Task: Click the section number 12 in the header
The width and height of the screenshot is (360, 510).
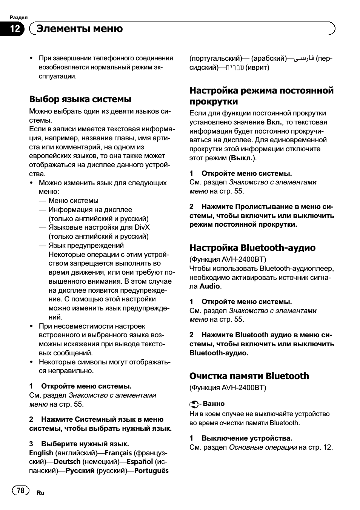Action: (x=15, y=29)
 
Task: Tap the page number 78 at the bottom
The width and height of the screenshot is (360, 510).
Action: (x=21, y=490)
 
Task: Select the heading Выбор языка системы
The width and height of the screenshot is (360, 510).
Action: (x=80, y=99)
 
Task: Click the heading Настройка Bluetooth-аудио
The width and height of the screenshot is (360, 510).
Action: (x=252, y=247)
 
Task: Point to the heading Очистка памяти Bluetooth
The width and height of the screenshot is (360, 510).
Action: (x=249, y=376)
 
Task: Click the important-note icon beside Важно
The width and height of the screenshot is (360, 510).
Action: (x=194, y=404)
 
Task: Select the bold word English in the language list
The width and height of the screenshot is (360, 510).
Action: (x=41, y=453)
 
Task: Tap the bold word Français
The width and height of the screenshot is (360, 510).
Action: (x=118, y=453)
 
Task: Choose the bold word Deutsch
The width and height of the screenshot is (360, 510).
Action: (x=67, y=462)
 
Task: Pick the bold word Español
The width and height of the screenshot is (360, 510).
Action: (x=140, y=462)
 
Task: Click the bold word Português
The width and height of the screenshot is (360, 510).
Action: (x=151, y=471)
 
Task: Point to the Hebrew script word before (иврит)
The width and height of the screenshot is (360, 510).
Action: (x=234, y=68)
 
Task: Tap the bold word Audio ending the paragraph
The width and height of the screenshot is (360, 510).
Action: (x=210, y=286)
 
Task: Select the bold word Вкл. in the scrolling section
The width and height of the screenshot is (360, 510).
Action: (x=275, y=122)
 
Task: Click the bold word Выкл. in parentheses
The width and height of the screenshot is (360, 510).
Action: (x=242, y=158)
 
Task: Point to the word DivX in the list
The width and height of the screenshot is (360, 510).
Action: (x=142, y=227)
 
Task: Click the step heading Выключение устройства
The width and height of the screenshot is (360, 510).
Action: (x=247, y=438)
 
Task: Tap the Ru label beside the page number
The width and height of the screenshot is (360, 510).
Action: (x=40, y=493)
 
